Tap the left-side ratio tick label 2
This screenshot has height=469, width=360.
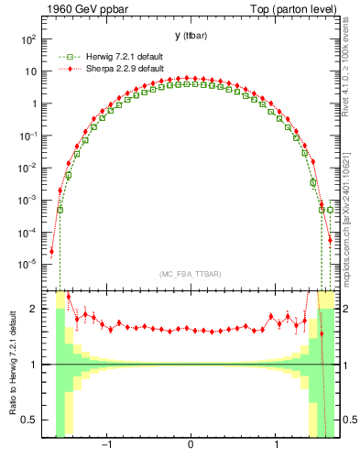click(34, 309)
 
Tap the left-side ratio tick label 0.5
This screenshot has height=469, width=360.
click(29, 420)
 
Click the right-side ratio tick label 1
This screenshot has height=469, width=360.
click(346, 365)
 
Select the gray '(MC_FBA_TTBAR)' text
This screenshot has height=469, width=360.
click(190, 275)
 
